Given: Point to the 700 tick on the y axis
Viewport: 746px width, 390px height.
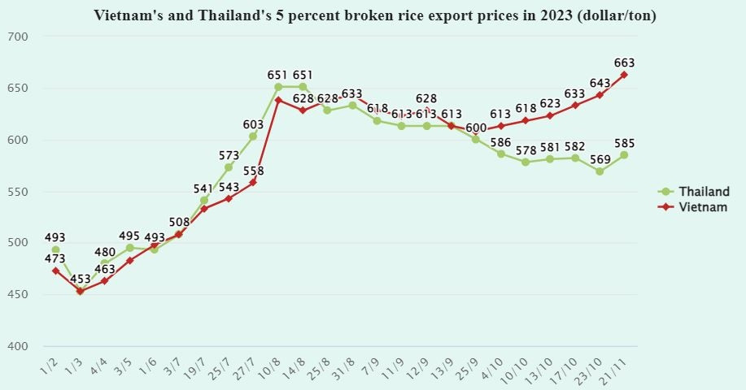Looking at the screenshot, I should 17,37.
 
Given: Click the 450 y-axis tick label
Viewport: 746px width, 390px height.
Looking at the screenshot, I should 17,295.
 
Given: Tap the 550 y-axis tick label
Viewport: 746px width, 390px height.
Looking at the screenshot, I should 17,192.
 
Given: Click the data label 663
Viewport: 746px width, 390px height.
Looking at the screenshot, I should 625,63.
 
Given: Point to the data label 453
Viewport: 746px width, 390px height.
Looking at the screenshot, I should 80,278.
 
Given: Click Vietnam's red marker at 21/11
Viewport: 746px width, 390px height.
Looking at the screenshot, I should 624,75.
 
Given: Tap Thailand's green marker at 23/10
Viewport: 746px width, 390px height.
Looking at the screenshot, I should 600,171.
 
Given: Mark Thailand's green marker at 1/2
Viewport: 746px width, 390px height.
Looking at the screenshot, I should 55,250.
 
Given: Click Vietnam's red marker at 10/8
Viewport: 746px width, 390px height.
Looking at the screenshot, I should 278,100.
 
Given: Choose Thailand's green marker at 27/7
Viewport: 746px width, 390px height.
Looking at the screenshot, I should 253,136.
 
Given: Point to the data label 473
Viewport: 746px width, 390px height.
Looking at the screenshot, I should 55,258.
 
